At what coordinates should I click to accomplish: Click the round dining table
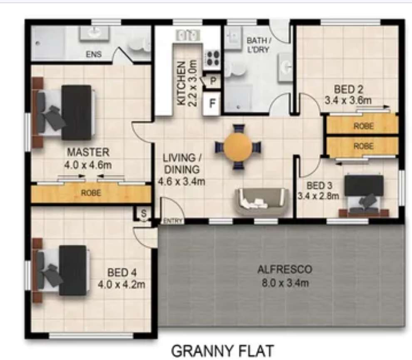238,147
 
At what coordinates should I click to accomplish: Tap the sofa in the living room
262,201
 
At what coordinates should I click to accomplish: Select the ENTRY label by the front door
173,221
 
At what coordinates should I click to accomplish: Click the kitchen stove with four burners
212,58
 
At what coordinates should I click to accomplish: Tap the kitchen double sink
188,35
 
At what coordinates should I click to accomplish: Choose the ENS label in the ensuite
94,54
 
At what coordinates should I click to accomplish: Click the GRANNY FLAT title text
223,351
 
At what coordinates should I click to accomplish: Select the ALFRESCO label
285,269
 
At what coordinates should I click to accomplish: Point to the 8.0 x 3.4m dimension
285,283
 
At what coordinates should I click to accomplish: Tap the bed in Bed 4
62,270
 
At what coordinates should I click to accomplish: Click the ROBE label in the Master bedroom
91,193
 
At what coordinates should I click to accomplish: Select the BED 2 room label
348,89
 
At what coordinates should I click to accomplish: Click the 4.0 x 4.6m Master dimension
88,165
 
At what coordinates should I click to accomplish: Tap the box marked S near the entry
144,213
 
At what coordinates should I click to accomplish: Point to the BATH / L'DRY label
259,45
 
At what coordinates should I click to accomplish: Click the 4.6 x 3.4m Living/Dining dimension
181,181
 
